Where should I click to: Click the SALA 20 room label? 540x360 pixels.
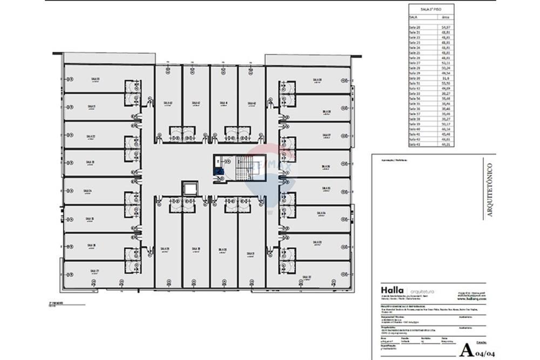[x=94, y=79]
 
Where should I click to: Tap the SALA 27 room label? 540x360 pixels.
[x=94, y=270]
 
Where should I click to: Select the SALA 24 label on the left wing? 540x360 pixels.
[x=87, y=191]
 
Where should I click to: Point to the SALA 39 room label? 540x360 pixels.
[x=165, y=249]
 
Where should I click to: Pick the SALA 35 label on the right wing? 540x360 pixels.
[x=326, y=188]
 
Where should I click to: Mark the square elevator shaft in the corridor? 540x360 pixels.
[x=190, y=188]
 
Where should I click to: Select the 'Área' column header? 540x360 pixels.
[x=446, y=17]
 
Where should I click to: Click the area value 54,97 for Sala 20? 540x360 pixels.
[x=446, y=26]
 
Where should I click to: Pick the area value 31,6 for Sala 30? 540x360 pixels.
[x=446, y=78]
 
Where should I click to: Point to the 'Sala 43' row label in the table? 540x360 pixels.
[x=415, y=144]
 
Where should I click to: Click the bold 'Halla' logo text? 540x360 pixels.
[x=391, y=291]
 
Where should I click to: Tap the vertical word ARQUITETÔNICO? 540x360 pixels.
[x=490, y=190]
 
